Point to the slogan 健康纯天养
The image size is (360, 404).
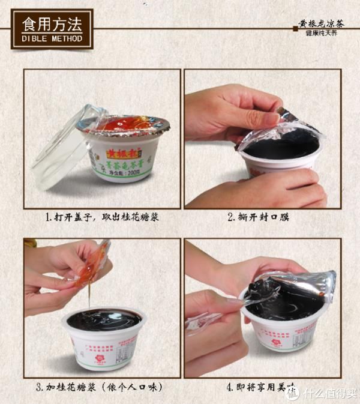323,34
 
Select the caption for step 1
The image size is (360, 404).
104,217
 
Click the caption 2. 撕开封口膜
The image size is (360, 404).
258,217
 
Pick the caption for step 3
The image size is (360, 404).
104,387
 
